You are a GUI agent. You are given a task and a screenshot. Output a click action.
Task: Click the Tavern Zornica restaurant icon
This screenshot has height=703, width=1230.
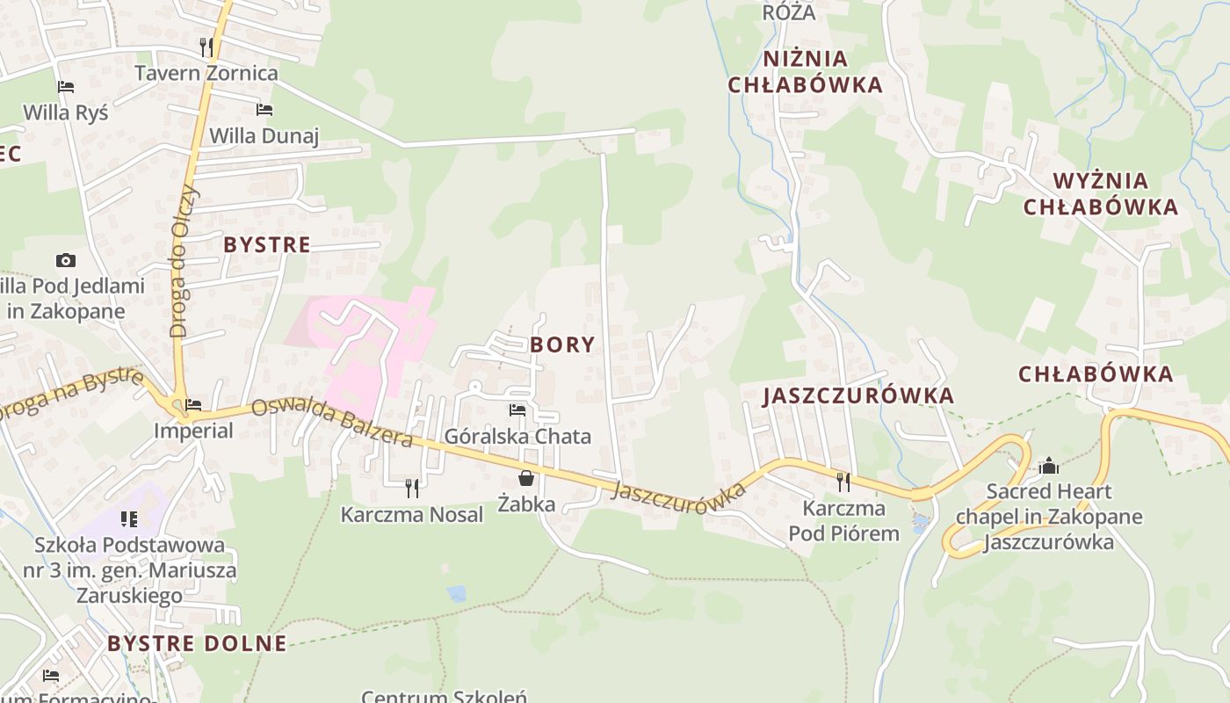point(206,46)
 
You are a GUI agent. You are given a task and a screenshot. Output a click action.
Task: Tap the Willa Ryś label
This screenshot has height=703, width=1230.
point(66,112)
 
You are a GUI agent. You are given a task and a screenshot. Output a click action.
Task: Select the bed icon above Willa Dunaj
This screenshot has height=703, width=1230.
point(264,110)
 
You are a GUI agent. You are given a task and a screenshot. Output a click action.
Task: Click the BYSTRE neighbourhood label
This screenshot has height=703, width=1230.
point(267,244)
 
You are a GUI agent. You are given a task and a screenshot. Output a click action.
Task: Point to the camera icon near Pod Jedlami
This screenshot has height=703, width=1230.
point(65,260)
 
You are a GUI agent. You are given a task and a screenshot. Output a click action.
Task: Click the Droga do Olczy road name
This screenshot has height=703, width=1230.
point(185,261)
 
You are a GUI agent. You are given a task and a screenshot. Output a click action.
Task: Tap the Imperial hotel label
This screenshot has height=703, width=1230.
point(193,431)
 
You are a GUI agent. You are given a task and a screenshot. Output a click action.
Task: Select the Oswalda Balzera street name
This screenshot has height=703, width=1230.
point(332,422)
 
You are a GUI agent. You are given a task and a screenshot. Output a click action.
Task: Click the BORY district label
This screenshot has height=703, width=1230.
point(562,344)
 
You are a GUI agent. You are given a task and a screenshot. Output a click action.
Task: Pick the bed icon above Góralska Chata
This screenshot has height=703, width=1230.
point(517,410)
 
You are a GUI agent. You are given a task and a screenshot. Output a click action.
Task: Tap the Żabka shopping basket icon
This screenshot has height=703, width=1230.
point(525,478)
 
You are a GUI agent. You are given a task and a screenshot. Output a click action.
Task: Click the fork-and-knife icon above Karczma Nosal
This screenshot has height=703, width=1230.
point(411,488)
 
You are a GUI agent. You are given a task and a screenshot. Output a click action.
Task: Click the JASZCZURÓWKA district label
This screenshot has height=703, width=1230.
point(858,395)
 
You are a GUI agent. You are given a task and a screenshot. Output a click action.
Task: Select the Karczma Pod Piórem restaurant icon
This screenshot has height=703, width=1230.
point(843,482)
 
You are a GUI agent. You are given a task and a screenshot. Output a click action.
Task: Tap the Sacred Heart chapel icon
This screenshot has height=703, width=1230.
point(1048,466)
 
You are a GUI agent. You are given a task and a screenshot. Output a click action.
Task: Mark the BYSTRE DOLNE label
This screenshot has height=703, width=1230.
point(197,643)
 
